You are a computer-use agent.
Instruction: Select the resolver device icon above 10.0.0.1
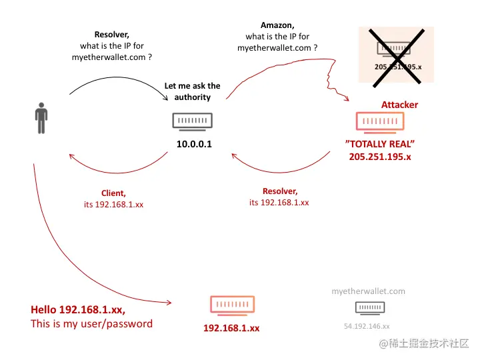coord(194,121)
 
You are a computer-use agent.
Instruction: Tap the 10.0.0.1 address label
coord(194,143)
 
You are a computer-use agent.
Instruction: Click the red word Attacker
coord(399,105)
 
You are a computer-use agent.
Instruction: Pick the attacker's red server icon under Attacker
coord(380,121)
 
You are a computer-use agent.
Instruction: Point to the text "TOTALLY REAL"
coord(380,144)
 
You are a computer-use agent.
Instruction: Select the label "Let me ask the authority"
coord(192,91)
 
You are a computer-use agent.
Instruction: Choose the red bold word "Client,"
coord(113,193)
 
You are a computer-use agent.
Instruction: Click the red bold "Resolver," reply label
coord(279,191)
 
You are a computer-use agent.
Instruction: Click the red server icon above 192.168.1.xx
coord(232,305)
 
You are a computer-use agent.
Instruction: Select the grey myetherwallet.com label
coord(368,291)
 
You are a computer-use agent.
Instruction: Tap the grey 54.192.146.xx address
coord(367,326)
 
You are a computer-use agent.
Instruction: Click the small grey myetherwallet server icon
coord(369,307)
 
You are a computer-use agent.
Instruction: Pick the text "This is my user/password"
coord(91,324)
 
